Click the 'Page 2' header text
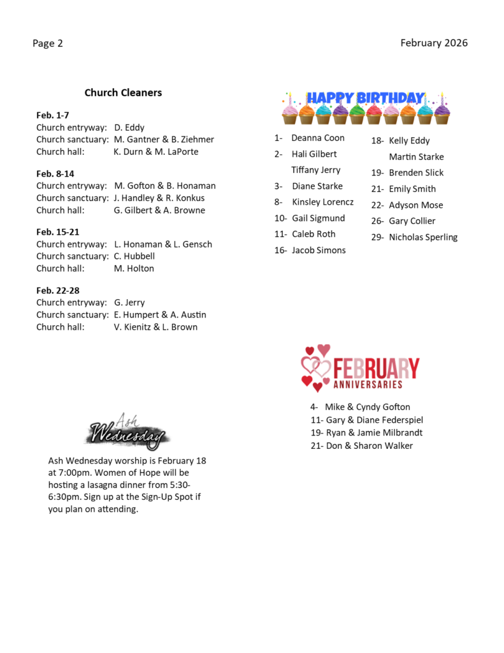(48, 43)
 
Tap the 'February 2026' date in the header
(434, 43)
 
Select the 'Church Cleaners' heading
(123, 92)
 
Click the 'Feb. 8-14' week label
(55, 173)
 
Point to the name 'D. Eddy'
(129, 128)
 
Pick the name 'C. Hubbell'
(134, 256)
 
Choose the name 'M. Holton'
(134, 268)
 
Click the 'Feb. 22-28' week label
(58, 290)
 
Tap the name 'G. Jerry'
(129, 302)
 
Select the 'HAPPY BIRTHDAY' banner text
(366, 98)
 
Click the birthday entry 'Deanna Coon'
(317, 138)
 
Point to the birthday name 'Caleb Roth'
(313, 234)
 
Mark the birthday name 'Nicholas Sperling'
(423, 237)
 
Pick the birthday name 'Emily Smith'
(412, 189)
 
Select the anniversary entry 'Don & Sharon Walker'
(369, 446)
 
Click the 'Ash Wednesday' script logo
(127, 432)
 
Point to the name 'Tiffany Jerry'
(316, 170)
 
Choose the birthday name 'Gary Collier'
(412, 221)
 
